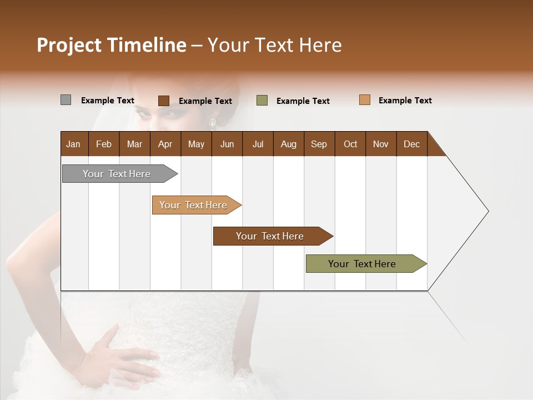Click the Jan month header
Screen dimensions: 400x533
(74, 144)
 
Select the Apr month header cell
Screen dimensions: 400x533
(165, 144)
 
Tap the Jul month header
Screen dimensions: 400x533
(258, 144)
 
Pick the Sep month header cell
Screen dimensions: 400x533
(319, 144)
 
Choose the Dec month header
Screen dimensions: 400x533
(411, 144)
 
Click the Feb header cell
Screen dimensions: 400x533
(104, 144)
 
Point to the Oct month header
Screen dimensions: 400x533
(350, 144)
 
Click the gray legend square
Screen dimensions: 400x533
(66, 100)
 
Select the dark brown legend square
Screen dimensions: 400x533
(164, 101)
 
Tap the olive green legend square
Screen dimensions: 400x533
(262, 101)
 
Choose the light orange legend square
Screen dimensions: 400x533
(365, 100)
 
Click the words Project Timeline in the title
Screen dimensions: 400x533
(112, 45)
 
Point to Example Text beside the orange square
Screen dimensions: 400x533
(405, 101)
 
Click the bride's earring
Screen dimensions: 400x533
(212, 123)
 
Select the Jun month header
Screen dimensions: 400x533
(227, 144)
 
